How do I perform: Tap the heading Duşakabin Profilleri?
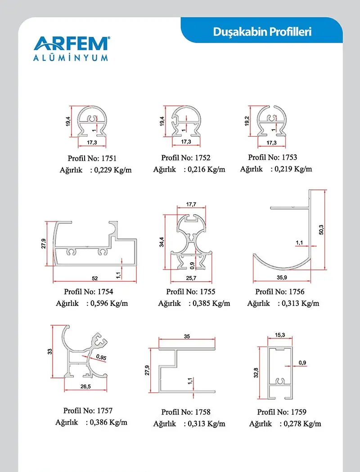tap(262, 31)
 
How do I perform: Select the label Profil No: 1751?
tap(92, 158)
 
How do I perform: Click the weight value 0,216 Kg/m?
tap(207, 170)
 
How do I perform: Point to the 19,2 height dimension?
tap(247, 121)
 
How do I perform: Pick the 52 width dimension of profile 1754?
tap(95, 279)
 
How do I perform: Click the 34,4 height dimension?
tap(162, 242)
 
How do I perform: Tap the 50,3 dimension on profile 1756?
tap(321, 229)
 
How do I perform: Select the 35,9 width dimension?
tap(282, 277)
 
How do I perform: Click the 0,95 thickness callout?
tap(101, 357)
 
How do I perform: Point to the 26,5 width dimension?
tap(85, 386)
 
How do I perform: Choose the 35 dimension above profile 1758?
tap(187, 336)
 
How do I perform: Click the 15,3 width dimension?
tap(280, 335)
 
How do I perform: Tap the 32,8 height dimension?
tap(256, 373)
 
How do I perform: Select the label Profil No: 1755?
tap(191, 292)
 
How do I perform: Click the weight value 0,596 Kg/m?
tap(109, 303)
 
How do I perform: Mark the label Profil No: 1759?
tap(282, 412)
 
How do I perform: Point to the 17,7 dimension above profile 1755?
tap(191, 204)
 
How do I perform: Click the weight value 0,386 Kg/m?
tap(108, 423)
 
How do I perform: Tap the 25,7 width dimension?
tap(191, 278)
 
